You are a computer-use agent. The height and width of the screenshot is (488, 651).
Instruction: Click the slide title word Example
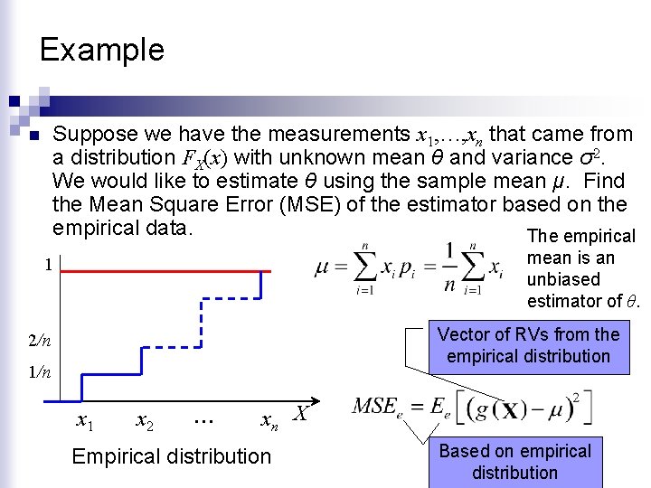[102, 49]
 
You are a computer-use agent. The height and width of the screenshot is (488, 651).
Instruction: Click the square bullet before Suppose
[34, 137]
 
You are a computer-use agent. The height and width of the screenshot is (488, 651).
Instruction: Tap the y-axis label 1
[49, 266]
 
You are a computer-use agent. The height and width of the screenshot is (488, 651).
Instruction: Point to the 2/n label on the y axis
[39, 341]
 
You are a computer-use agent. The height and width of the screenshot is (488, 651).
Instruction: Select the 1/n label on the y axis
[39, 371]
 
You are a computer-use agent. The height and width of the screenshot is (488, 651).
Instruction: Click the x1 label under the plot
[86, 420]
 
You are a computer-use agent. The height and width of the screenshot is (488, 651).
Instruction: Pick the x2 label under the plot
[144, 420]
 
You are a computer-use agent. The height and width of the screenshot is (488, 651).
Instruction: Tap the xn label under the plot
[268, 420]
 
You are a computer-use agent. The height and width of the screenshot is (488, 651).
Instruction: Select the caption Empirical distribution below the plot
[171, 456]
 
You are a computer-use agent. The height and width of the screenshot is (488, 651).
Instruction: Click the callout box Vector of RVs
[528, 345]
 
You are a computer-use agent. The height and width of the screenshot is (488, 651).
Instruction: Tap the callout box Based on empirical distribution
[514, 461]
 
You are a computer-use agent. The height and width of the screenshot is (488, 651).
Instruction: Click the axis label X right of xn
[301, 414]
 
